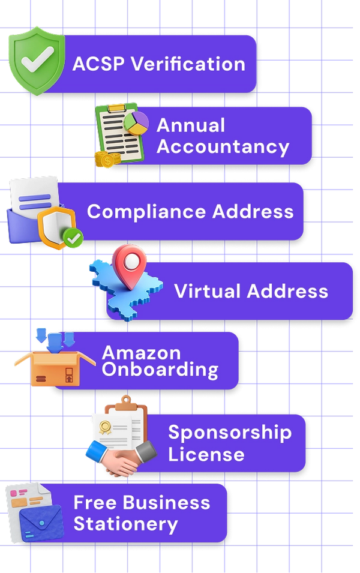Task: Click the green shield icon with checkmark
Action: pyautogui.click(x=37, y=61)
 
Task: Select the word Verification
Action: pyautogui.click(x=188, y=64)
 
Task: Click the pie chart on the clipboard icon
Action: pyautogui.click(x=136, y=123)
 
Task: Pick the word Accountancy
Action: pyautogui.click(x=223, y=147)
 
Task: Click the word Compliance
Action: pyautogui.click(x=147, y=212)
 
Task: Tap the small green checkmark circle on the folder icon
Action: pyautogui.click(x=73, y=238)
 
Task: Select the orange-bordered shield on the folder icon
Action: pyautogui.click(x=56, y=227)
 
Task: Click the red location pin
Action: pyautogui.click(x=130, y=266)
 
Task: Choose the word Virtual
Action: pyautogui.click(x=206, y=291)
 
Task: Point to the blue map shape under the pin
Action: pyautogui.click(x=126, y=290)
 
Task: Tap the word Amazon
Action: pyautogui.click(x=142, y=353)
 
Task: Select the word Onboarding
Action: pyautogui.click(x=160, y=370)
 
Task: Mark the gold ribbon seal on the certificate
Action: pyautogui.click(x=105, y=427)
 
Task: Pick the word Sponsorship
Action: pyautogui.click(x=230, y=433)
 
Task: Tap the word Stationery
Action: pyautogui.click(x=126, y=524)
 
